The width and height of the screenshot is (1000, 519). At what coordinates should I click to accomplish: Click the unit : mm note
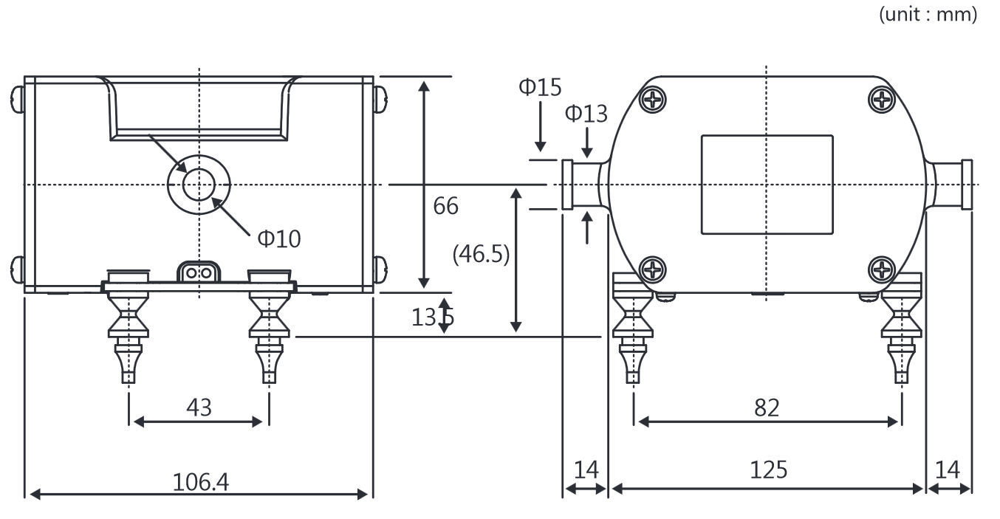[x=927, y=14]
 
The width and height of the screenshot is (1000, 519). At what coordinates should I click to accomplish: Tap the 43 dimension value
[x=199, y=407]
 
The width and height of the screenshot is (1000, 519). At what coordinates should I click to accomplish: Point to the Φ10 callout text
[x=278, y=238]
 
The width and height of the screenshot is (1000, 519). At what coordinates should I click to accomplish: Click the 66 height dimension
[x=445, y=206]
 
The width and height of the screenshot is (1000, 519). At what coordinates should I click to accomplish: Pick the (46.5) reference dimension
[x=481, y=254]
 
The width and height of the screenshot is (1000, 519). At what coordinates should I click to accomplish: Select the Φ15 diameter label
[x=540, y=87]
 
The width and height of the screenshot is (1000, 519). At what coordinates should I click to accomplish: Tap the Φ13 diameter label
[x=586, y=114]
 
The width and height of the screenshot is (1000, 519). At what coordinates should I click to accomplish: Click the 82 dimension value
[x=767, y=407]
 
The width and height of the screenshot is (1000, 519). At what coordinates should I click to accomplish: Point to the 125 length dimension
[x=768, y=470]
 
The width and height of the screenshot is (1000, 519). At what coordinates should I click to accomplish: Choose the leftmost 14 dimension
[x=586, y=470]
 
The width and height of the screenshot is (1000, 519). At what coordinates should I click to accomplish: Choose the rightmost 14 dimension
[x=949, y=470]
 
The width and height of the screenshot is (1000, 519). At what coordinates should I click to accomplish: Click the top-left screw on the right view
[x=653, y=99]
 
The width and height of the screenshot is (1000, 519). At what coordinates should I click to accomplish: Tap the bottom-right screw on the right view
[x=882, y=269]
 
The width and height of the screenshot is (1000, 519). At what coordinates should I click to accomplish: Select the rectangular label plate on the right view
[x=767, y=185]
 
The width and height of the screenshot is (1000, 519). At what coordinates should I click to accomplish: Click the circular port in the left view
[x=199, y=185]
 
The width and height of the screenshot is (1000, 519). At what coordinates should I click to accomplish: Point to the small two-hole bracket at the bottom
[x=199, y=272]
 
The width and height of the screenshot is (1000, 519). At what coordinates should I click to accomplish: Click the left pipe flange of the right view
[x=568, y=185]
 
